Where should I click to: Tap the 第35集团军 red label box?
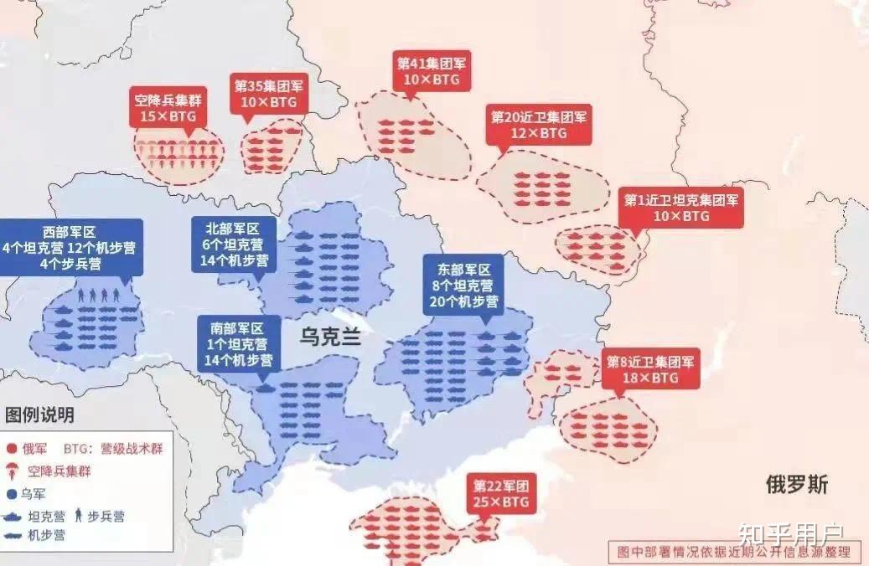pyautogui.click(x=269, y=94)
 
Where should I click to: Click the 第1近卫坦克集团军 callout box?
pyautogui.click(x=680, y=208)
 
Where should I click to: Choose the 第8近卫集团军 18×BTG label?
pyautogui.click(x=650, y=369)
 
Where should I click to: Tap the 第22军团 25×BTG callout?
pyautogui.click(x=501, y=494)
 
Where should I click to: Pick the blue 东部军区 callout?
pyautogui.click(x=463, y=285)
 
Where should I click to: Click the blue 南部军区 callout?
pyautogui.click(x=238, y=343)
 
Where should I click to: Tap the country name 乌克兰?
pyautogui.click(x=330, y=337)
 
